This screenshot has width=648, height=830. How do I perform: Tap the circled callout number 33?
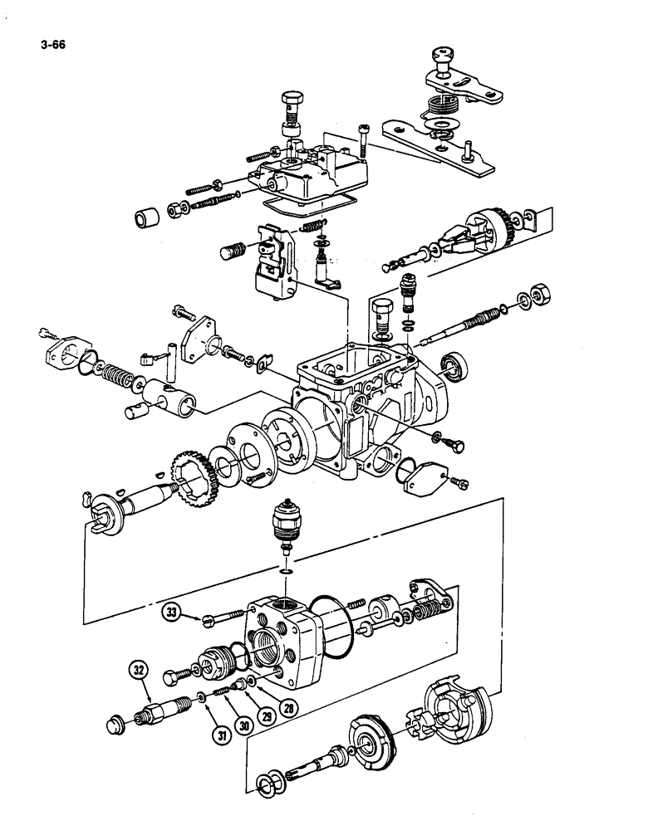tap(172, 613)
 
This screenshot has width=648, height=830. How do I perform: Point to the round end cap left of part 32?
tap(118, 724)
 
